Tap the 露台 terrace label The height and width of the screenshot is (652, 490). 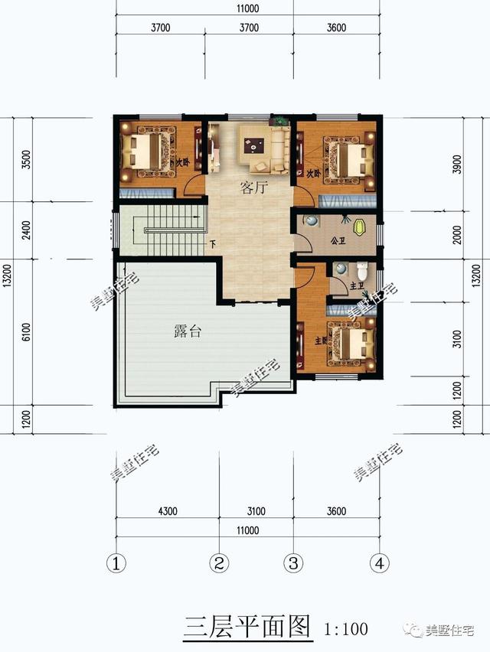tap(187, 332)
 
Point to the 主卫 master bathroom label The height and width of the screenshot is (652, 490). tap(355, 286)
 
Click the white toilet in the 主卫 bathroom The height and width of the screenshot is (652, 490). tap(364, 270)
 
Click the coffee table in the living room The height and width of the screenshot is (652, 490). tap(254, 141)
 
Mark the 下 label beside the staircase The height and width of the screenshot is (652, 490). tap(212, 246)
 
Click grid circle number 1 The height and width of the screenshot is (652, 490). tap(116, 564)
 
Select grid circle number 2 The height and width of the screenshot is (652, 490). tap(219, 564)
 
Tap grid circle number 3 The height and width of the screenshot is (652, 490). tap(292, 564)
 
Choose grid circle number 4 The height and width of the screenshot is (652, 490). tap(378, 564)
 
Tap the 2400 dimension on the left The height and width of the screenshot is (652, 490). tap(27, 230)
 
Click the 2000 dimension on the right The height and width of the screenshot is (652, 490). tap(457, 236)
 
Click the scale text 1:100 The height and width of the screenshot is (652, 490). tap(347, 629)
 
